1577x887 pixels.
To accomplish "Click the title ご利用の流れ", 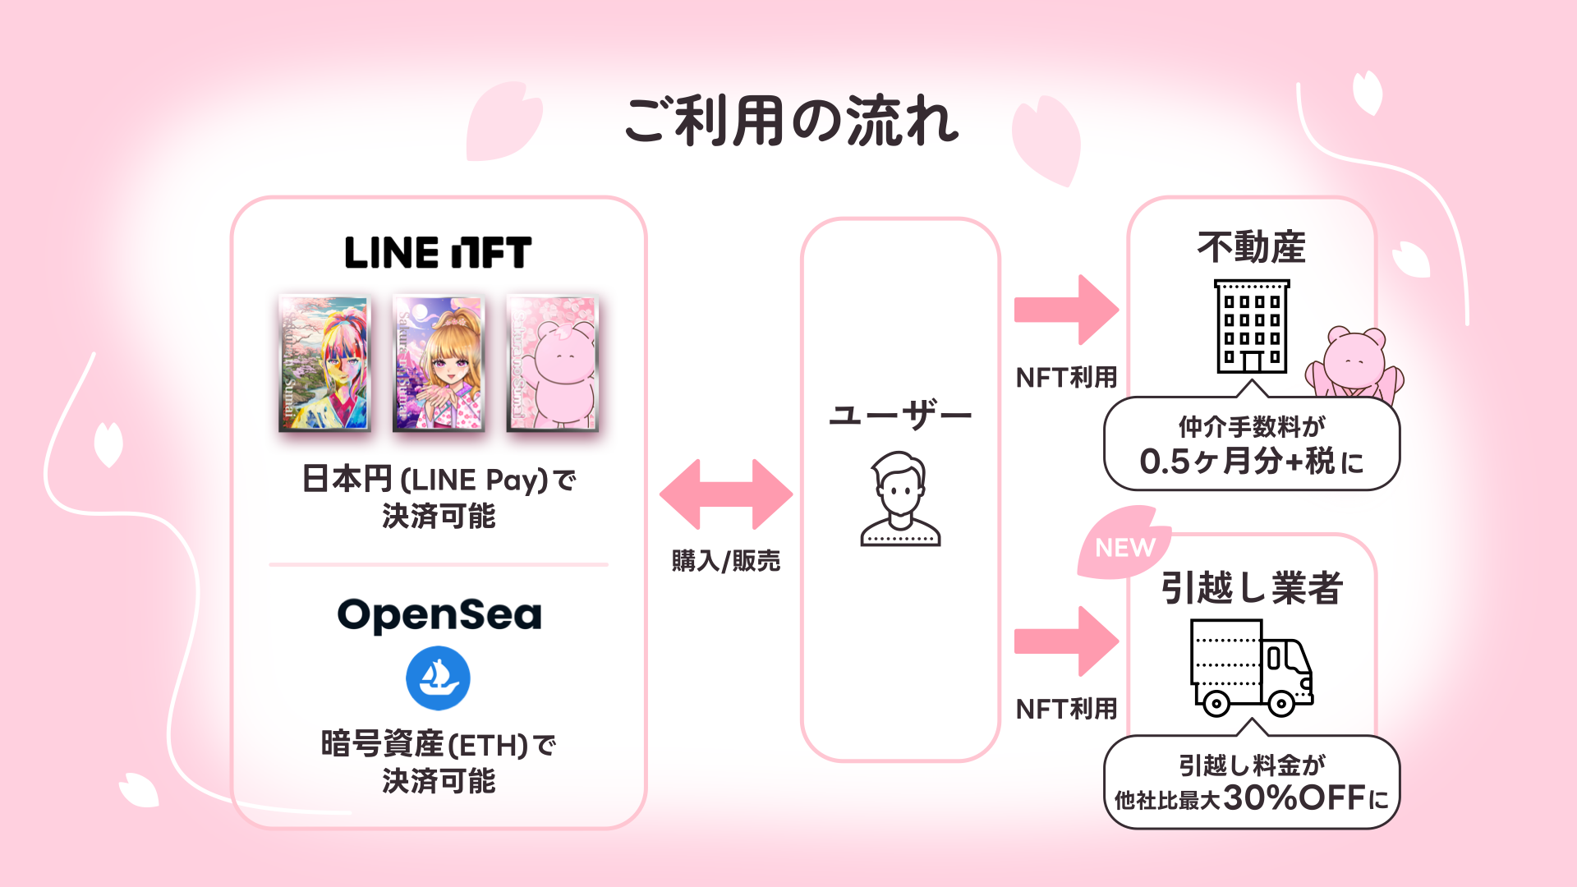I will [791, 121].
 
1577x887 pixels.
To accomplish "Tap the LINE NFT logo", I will [438, 252].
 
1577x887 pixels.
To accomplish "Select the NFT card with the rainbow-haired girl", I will [324, 363].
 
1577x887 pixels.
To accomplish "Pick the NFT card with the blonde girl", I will [439, 363].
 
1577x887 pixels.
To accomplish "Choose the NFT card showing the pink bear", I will [552, 363].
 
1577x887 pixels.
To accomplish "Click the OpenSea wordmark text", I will [439, 615].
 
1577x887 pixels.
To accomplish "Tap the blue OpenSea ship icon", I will [438, 678].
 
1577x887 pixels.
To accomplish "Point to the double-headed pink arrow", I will [726, 494].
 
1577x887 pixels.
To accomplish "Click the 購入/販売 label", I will [726, 561].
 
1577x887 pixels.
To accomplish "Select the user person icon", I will [900, 499].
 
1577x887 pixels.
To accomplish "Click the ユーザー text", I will [900, 416].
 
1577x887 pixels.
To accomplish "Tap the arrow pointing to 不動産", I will [1066, 310].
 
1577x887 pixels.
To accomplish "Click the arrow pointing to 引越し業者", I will [1066, 641].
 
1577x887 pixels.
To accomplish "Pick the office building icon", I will [1251, 327].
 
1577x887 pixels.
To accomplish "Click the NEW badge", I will [1124, 547].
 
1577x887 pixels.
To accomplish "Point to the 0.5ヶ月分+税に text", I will [1251, 462].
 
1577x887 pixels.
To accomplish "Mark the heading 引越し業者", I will [1251, 588].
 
